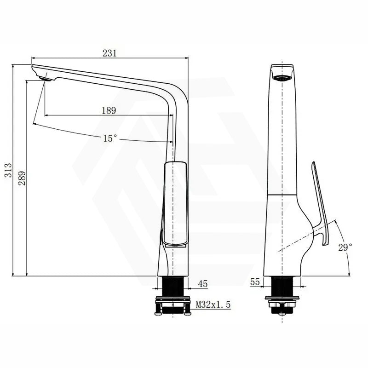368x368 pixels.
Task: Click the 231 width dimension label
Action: [x=109, y=53]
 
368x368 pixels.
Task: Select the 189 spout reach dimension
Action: [x=108, y=110]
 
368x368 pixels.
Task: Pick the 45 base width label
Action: [x=202, y=284]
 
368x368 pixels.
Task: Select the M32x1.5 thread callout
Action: [x=213, y=305]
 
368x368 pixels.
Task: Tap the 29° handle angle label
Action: [x=345, y=247]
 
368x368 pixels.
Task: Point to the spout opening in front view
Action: [x=282, y=78]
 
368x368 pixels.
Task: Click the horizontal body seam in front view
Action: [x=282, y=195]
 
